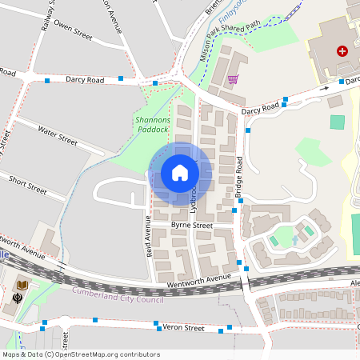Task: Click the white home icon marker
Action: [x=180, y=173]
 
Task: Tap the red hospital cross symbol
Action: [x=343, y=50]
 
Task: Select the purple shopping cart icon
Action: [x=233, y=78]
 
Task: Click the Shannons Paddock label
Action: [x=151, y=124]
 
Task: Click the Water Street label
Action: [x=57, y=138]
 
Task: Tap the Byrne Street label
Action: [x=191, y=226]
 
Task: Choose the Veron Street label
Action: [x=183, y=327]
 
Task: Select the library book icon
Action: [x=22, y=285]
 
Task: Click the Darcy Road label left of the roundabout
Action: [x=86, y=80]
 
